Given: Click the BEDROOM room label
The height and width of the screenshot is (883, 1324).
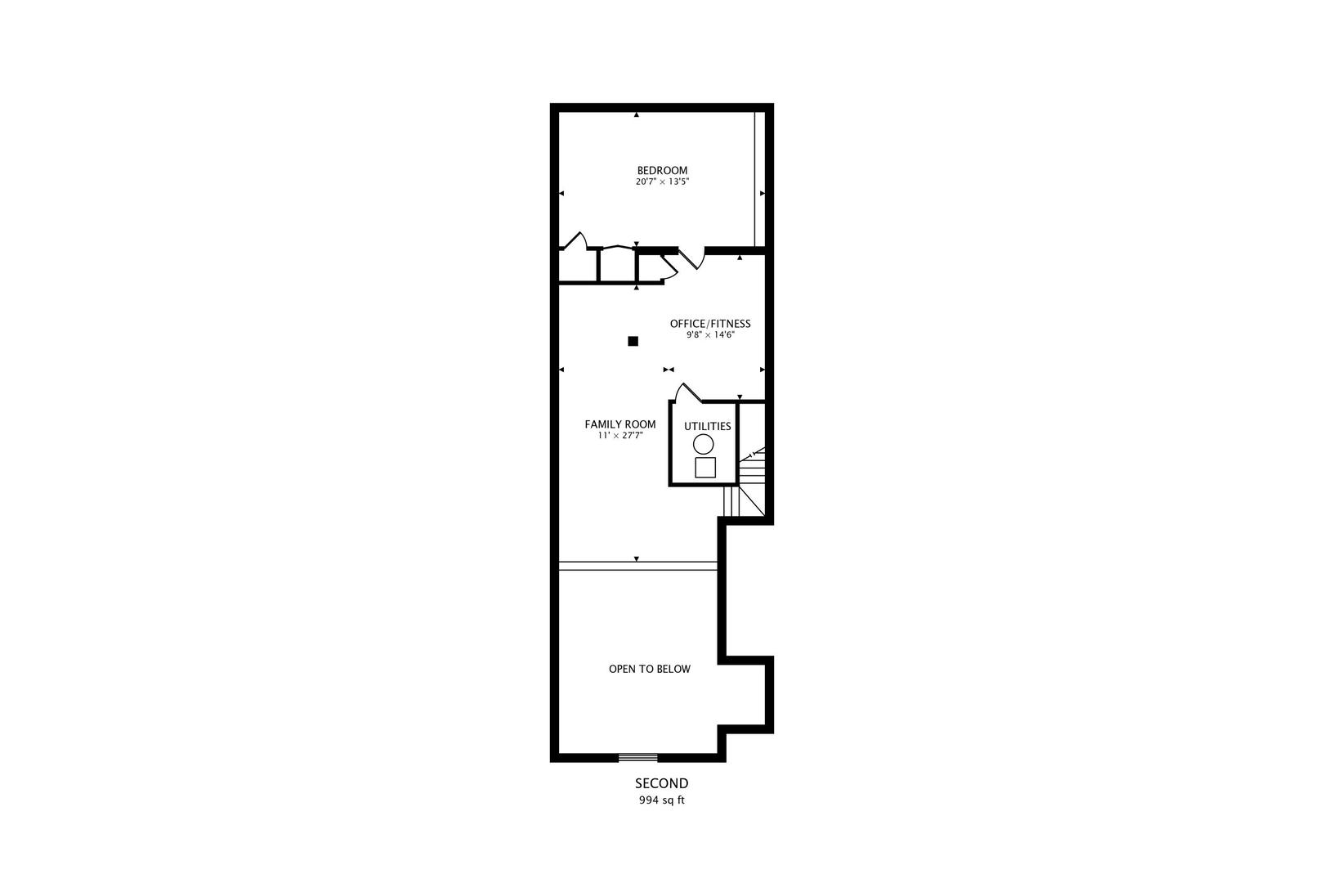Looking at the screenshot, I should pyautogui.click(x=662, y=170).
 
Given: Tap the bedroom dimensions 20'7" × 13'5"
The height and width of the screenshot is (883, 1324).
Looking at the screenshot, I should pyautogui.click(x=662, y=182).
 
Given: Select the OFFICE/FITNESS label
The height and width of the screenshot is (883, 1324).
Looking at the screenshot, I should pyautogui.click(x=709, y=324).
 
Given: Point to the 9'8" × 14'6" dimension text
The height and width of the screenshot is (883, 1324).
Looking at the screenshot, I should pyautogui.click(x=709, y=335).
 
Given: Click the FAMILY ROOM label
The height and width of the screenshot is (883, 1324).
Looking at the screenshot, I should pyautogui.click(x=620, y=424).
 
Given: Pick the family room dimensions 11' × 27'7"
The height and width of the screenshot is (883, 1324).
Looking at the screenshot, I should pyautogui.click(x=620, y=436).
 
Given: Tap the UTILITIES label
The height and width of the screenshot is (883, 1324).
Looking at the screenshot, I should pyautogui.click(x=707, y=426).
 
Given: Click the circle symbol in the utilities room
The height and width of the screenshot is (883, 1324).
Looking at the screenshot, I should pyautogui.click(x=703, y=444).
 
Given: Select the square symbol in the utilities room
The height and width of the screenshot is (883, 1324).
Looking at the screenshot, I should pyautogui.click(x=704, y=468).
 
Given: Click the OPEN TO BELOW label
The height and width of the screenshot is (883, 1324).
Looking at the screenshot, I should pyautogui.click(x=649, y=669).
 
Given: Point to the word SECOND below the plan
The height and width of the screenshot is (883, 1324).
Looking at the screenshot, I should pyautogui.click(x=661, y=783).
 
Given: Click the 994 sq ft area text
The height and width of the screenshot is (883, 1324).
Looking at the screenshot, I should pyautogui.click(x=661, y=800).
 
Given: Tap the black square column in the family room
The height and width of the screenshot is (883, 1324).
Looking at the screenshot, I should pyautogui.click(x=633, y=341).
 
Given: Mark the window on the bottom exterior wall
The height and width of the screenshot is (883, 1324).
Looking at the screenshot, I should pyautogui.click(x=637, y=757).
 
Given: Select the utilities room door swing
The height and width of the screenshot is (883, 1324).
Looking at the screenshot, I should pyautogui.click(x=687, y=392).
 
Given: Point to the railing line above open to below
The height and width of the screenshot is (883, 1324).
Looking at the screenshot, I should pyautogui.click(x=637, y=565).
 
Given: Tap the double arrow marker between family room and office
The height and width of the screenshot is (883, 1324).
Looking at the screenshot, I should pyautogui.click(x=669, y=370).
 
